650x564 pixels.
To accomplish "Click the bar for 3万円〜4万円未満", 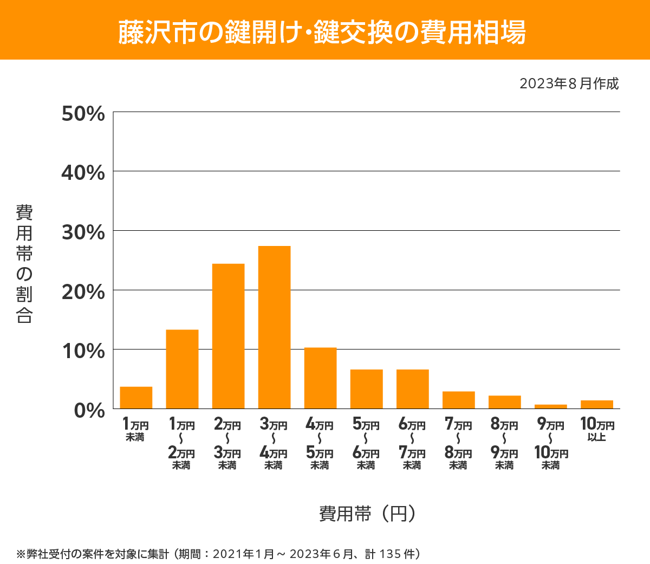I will click(x=274, y=327).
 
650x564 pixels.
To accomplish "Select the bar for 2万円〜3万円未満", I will click(x=228, y=336).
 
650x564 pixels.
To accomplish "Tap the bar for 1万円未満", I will click(x=136, y=398).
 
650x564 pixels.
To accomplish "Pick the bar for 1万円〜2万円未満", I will click(x=182, y=369).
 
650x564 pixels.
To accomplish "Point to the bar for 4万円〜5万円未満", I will click(x=320, y=378).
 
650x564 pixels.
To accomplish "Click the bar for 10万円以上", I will click(x=596, y=405).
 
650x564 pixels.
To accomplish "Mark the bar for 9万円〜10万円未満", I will click(x=550, y=406).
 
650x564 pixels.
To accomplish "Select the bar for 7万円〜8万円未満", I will click(x=458, y=400).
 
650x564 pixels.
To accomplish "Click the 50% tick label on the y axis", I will click(x=83, y=114).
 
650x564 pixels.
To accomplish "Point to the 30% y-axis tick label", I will click(x=83, y=232).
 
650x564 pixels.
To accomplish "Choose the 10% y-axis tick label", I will click(x=83, y=351).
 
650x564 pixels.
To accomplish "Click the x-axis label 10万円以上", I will click(x=597, y=429).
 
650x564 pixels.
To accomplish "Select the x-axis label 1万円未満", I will click(x=135, y=429).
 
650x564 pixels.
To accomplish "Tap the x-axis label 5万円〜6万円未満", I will click(x=366, y=443).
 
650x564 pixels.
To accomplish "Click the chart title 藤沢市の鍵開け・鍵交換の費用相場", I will click(x=322, y=32).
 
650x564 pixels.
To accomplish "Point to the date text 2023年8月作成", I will click(x=569, y=84).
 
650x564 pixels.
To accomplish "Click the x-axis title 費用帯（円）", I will click(x=367, y=513).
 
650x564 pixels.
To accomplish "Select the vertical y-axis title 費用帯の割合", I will click(x=24, y=264).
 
